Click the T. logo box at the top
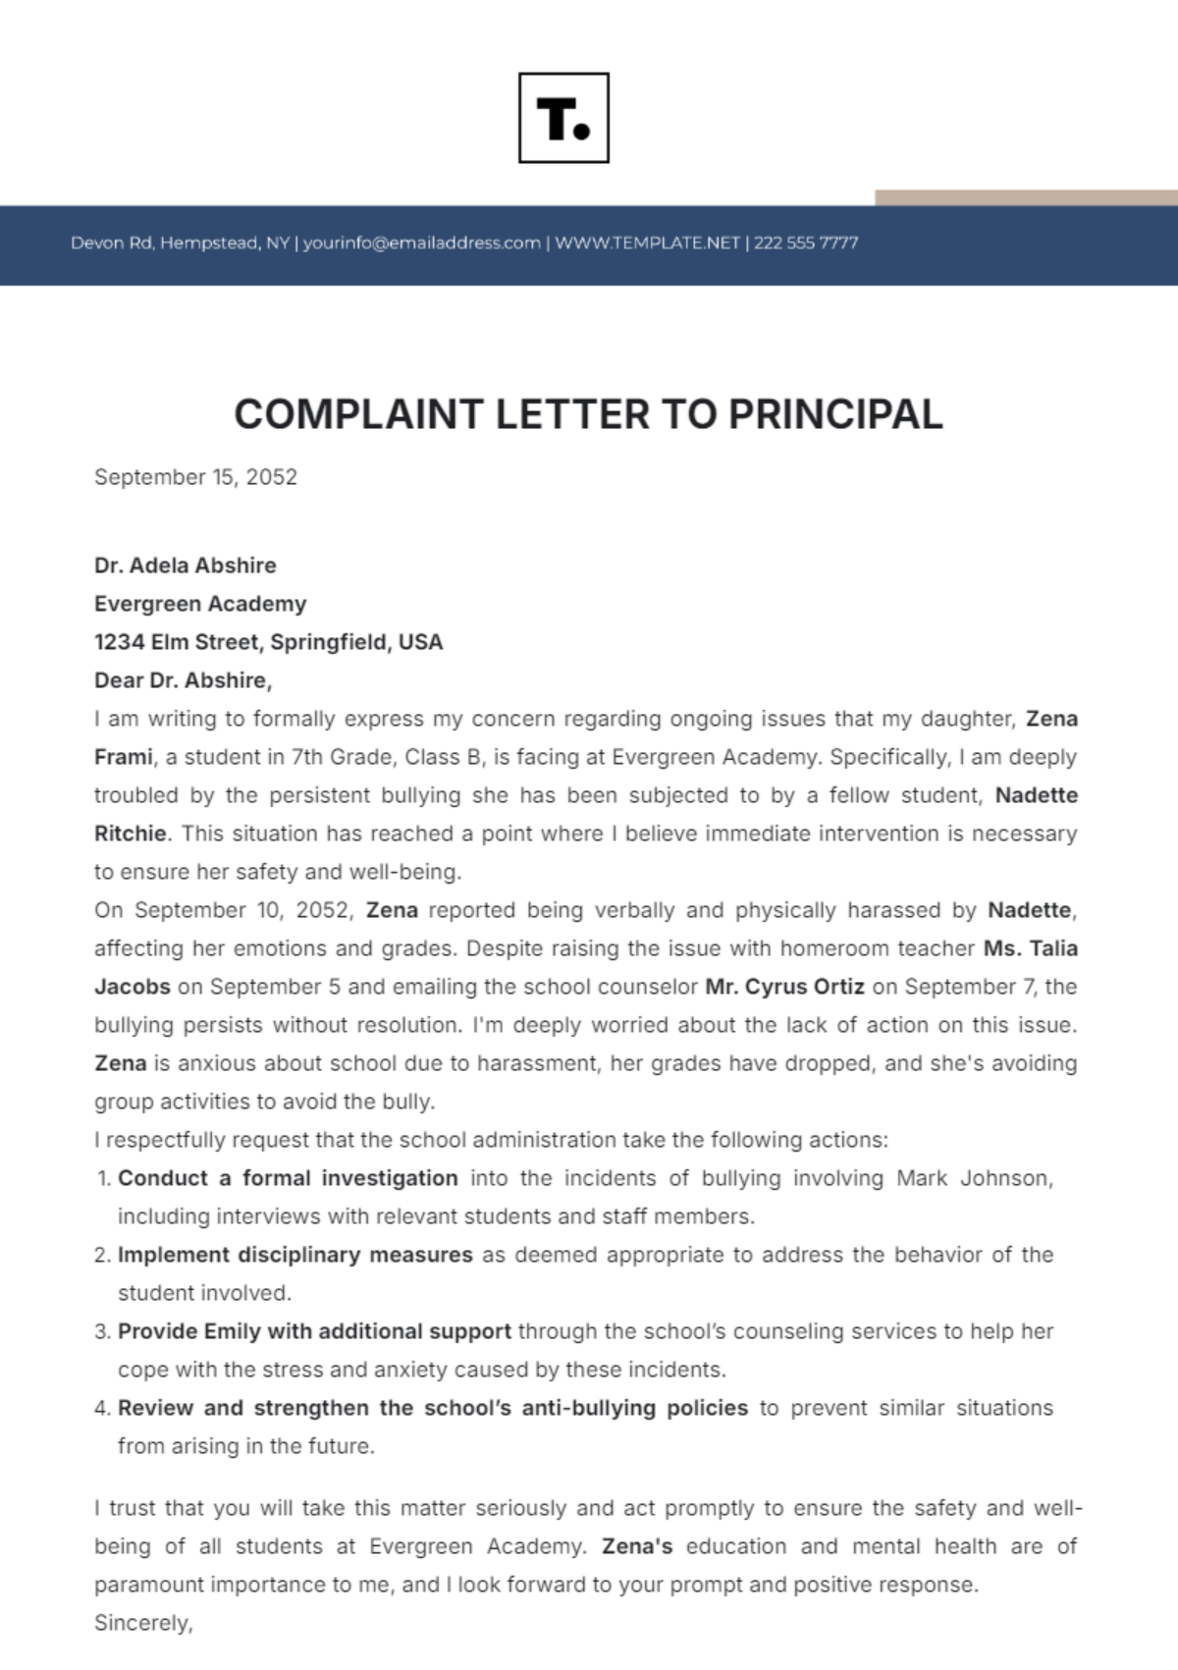(563, 118)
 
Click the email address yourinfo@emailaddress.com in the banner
(421, 242)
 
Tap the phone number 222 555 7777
(806, 242)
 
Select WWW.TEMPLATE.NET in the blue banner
(647, 242)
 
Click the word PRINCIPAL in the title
(834, 414)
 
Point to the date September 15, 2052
(195, 477)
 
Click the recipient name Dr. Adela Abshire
(185, 566)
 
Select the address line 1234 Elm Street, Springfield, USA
(268, 642)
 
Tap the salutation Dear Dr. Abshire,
(183, 680)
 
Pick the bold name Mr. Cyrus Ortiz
(784, 987)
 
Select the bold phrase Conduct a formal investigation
(288, 1178)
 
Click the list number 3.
(102, 1332)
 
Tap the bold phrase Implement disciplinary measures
(294, 1255)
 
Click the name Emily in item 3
(230, 1331)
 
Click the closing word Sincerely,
(143, 1623)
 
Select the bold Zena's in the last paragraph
(637, 1546)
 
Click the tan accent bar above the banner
(1025, 197)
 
